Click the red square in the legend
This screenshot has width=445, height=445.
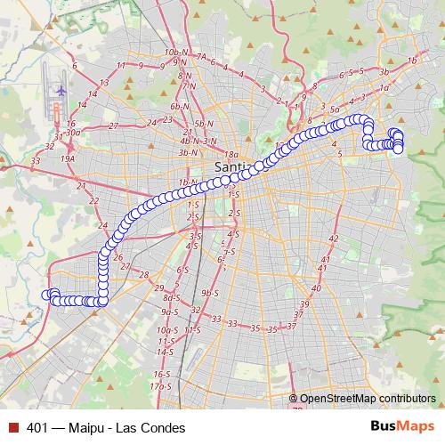13,428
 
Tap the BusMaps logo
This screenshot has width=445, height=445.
401,427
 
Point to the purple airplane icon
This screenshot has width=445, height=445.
61,90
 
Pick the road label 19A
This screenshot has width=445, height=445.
68,158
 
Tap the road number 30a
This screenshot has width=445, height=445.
73,133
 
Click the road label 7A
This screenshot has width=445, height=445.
201,57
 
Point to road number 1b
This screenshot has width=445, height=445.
411,61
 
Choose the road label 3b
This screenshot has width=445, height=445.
384,71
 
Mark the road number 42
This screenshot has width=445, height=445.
334,239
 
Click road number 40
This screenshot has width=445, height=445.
316,287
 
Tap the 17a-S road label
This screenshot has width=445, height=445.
160,386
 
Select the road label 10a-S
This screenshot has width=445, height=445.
165,329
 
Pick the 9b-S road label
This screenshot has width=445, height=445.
210,293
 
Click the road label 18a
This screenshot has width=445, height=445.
231,154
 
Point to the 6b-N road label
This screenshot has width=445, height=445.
182,105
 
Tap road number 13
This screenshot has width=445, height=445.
104,82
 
